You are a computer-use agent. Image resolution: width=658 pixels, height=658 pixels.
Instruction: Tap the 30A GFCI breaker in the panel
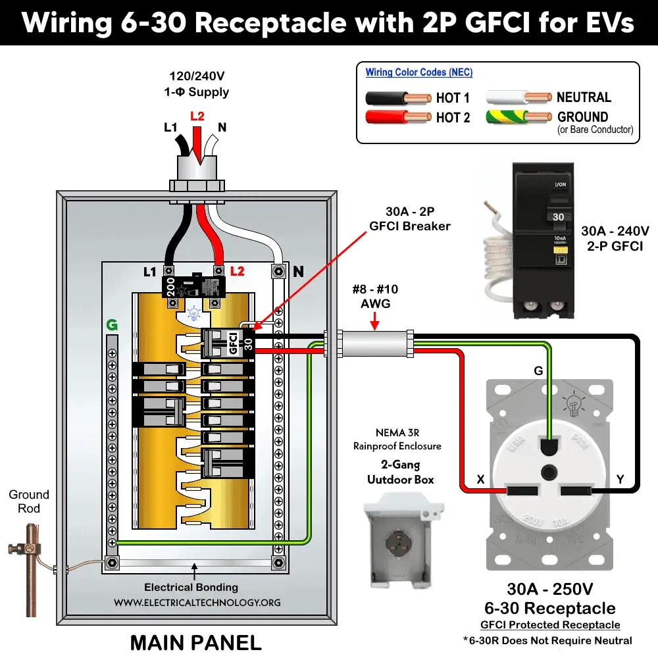227,343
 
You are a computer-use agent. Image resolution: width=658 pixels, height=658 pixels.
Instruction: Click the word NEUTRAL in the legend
584,97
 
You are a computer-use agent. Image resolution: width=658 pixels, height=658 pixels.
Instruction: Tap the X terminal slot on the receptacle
522,491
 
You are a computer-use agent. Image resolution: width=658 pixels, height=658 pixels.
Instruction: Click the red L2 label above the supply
197,116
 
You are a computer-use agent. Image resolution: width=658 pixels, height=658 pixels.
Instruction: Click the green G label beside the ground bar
111,324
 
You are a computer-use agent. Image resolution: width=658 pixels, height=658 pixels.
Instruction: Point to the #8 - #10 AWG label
374,295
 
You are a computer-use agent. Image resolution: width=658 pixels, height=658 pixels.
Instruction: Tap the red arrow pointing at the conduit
374,320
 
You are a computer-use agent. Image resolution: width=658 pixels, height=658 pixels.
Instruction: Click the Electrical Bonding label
191,587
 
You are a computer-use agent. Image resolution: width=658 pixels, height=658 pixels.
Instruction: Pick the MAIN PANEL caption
195,641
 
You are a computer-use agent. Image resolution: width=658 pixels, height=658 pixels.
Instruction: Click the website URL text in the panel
197,602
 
